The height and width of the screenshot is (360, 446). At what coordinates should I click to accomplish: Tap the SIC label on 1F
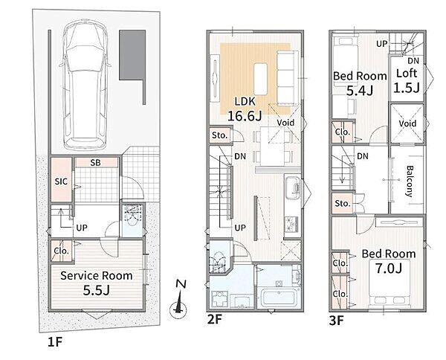(x=61, y=181)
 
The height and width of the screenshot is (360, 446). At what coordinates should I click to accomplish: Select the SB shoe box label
(x=96, y=163)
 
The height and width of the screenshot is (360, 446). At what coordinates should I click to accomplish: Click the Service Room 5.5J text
(x=97, y=283)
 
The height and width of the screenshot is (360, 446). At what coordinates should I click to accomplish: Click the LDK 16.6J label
(x=245, y=109)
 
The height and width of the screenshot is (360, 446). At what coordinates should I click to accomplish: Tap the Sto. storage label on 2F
(x=219, y=135)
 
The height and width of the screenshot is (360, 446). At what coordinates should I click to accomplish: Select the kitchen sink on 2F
(x=292, y=187)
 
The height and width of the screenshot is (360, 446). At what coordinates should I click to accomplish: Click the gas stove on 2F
(x=292, y=223)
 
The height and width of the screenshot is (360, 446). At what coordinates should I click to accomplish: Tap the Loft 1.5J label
(x=407, y=81)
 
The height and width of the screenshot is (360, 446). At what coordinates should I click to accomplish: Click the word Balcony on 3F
(x=409, y=181)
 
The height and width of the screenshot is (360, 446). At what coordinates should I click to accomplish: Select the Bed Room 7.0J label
(x=389, y=261)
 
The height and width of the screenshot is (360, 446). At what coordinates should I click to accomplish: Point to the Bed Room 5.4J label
(x=360, y=83)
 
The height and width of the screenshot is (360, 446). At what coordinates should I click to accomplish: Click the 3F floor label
(x=337, y=321)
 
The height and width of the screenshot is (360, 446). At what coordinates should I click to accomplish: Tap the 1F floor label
(x=54, y=342)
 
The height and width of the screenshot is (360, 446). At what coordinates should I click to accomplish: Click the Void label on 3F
(x=407, y=123)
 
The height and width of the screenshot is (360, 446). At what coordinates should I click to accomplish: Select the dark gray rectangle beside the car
(x=132, y=55)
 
